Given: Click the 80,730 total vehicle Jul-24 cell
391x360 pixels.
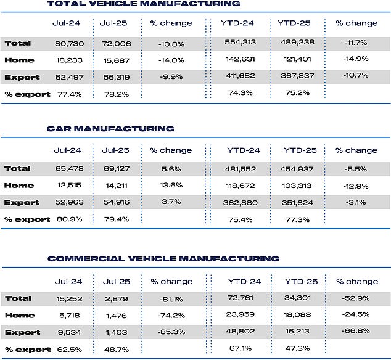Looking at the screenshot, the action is [x=69, y=44].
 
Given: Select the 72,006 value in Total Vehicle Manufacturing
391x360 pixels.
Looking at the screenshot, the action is [x=117, y=44].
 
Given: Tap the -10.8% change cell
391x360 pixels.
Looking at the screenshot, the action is [x=171, y=44].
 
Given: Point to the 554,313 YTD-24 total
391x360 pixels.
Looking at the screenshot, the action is [x=241, y=42].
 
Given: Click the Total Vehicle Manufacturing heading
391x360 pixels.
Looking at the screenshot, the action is [x=144, y=4].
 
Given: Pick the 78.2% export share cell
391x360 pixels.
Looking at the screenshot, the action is [x=117, y=94].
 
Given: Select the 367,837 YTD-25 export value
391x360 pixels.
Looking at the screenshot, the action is [x=297, y=76].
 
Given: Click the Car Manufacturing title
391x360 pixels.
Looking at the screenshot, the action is [x=110, y=129].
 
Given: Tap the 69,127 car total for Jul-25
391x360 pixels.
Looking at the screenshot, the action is [x=117, y=168].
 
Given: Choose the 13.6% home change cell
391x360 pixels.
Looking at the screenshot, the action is [x=171, y=185].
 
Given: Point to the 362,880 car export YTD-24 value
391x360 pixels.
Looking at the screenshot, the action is [x=241, y=202].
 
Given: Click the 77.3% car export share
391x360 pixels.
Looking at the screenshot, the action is [x=297, y=219].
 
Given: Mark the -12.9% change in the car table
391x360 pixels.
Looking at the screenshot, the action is [x=356, y=186].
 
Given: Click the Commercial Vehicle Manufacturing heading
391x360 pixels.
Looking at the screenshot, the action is [x=163, y=258].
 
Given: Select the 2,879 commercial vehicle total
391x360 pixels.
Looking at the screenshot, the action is [x=117, y=299].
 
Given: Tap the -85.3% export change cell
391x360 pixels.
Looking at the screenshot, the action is [x=171, y=332].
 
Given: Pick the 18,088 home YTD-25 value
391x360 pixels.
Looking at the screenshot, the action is [x=297, y=314].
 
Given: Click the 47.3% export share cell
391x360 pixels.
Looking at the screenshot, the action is [x=297, y=348].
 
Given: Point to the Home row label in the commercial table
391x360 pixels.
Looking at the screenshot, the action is [x=20, y=316].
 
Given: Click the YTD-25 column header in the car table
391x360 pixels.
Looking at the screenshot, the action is [x=300, y=150].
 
